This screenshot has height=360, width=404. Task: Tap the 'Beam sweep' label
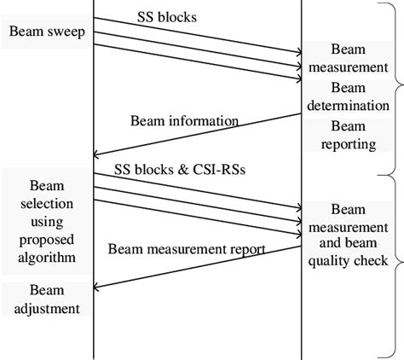(44, 32)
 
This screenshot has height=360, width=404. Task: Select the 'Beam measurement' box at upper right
(347, 57)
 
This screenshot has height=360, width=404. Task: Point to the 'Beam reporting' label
(347, 135)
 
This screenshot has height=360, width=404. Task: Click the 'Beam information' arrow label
(184, 120)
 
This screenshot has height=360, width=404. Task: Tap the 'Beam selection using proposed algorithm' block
(45, 220)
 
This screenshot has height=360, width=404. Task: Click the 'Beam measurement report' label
(187, 249)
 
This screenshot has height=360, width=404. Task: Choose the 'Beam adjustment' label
(45, 299)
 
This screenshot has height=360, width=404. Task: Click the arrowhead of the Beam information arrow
(97, 154)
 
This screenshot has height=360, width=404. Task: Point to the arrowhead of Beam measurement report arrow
(97, 287)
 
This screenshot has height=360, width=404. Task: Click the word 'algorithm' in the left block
(45, 257)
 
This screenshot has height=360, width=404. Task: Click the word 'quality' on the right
(333, 260)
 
